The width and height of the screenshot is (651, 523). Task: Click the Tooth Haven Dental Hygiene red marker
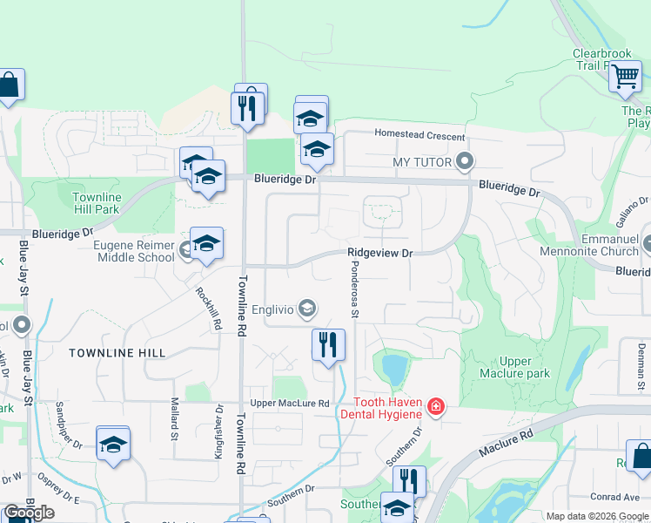pos(436,406)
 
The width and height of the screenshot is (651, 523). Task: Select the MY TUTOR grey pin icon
pos(465,161)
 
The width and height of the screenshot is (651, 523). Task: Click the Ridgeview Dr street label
pos(379,253)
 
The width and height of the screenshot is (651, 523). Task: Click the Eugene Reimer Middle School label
pos(133,251)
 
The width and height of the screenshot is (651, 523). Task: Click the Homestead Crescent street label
pos(419,134)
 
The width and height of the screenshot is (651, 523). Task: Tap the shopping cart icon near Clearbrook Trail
pos(625,77)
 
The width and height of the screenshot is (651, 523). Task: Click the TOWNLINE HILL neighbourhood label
pos(117,352)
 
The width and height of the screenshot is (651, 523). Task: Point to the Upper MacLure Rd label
pos(290,404)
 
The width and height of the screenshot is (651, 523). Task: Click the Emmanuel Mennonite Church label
pos(597,245)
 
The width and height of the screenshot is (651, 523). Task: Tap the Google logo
pos(29,513)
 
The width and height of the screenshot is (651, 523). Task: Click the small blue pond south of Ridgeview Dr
pos(393,369)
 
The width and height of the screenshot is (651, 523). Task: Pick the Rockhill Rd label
pos(208,309)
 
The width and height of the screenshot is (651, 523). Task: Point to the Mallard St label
pos(174,418)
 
